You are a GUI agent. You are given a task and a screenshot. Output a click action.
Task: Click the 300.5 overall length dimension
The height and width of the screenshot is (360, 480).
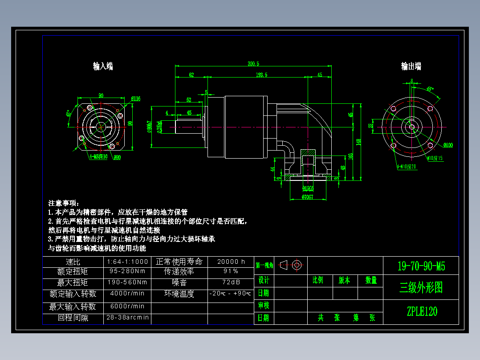pyautogui.click(x=253, y=64)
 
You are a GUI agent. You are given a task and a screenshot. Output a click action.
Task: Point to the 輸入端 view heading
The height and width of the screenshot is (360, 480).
pyautogui.click(x=103, y=66)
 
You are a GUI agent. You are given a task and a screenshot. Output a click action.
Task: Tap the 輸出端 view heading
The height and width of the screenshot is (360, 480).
pyautogui.click(x=411, y=66)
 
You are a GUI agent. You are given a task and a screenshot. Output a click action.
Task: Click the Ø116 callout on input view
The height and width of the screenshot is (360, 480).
pyautogui.click(x=136, y=98)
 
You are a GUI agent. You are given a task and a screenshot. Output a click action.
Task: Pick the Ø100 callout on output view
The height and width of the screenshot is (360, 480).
pyautogui.click(x=448, y=145)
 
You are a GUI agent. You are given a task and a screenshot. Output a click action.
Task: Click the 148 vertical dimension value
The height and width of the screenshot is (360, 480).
pyautogui.click(x=358, y=142)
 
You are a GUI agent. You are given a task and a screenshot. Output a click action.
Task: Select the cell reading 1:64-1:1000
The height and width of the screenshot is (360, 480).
pyautogui.click(x=128, y=262)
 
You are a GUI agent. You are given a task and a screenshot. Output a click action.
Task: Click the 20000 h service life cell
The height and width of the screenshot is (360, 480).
pyautogui.click(x=231, y=262)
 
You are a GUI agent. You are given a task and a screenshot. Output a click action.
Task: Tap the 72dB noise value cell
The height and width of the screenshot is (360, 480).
pyautogui.click(x=231, y=282)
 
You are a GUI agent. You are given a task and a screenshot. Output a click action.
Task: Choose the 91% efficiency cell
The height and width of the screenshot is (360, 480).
pyautogui.click(x=231, y=271)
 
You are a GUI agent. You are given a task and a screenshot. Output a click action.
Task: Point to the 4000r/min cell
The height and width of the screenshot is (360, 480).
pyautogui.click(x=128, y=294)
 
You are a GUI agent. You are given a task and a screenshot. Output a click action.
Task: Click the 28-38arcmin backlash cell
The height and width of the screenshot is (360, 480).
pyautogui.click(x=128, y=318)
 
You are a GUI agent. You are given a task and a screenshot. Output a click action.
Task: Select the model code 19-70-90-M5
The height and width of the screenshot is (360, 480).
pyautogui.click(x=421, y=266)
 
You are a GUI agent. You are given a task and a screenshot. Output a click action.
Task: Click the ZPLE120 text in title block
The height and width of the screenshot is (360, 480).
pyautogui.click(x=421, y=311)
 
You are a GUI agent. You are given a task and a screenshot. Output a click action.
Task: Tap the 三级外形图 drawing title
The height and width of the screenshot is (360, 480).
pyautogui.click(x=421, y=288)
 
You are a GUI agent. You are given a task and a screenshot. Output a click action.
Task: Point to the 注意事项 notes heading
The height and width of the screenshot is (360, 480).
pyautogui.click(x=63, y=203)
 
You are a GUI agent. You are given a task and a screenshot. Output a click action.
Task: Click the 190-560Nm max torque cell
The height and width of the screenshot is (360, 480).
pyautogui.click(x=128, y=282)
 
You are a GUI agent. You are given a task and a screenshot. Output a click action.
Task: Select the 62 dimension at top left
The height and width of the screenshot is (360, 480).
pyautogui.click(x=191, y=75)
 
